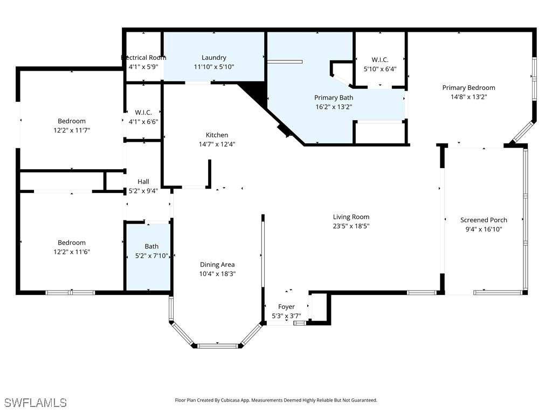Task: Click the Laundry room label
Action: point(214,58)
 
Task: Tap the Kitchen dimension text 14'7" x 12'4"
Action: point(217,144)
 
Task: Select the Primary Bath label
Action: point(334,98)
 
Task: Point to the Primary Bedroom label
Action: point(468,88)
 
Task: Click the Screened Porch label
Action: point(484,220)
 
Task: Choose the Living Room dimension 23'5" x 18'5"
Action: point(351,226)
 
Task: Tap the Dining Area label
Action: point(217,265)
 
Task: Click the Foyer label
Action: point(286,307)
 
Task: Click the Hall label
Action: point(143,182)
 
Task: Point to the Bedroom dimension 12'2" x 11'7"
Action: point(72,130)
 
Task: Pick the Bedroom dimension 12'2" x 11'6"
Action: point(72,252)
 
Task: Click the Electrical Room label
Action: point(143,58)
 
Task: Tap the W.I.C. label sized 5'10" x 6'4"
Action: point(380,60)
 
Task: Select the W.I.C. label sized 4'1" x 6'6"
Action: point(143,112)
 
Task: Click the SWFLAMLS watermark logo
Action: point(36,403)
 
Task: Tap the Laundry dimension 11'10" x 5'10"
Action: point(214,67)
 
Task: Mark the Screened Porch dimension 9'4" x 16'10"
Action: point(484,229)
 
